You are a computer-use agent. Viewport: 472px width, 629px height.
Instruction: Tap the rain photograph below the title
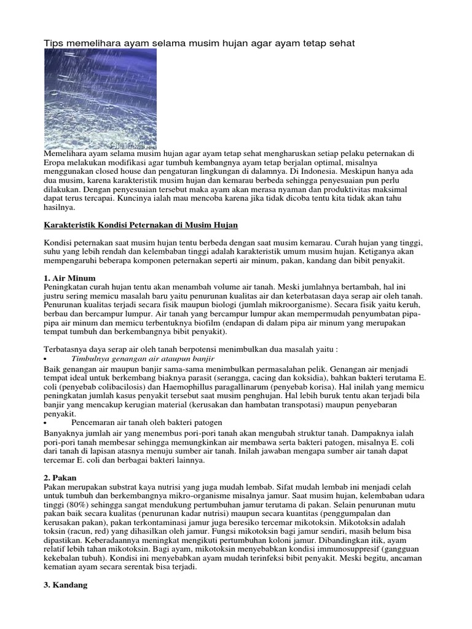click(100, 99)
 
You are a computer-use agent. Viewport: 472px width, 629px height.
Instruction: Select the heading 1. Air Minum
click(69, 278)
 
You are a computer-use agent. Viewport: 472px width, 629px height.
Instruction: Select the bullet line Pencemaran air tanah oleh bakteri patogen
click(147, 423)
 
